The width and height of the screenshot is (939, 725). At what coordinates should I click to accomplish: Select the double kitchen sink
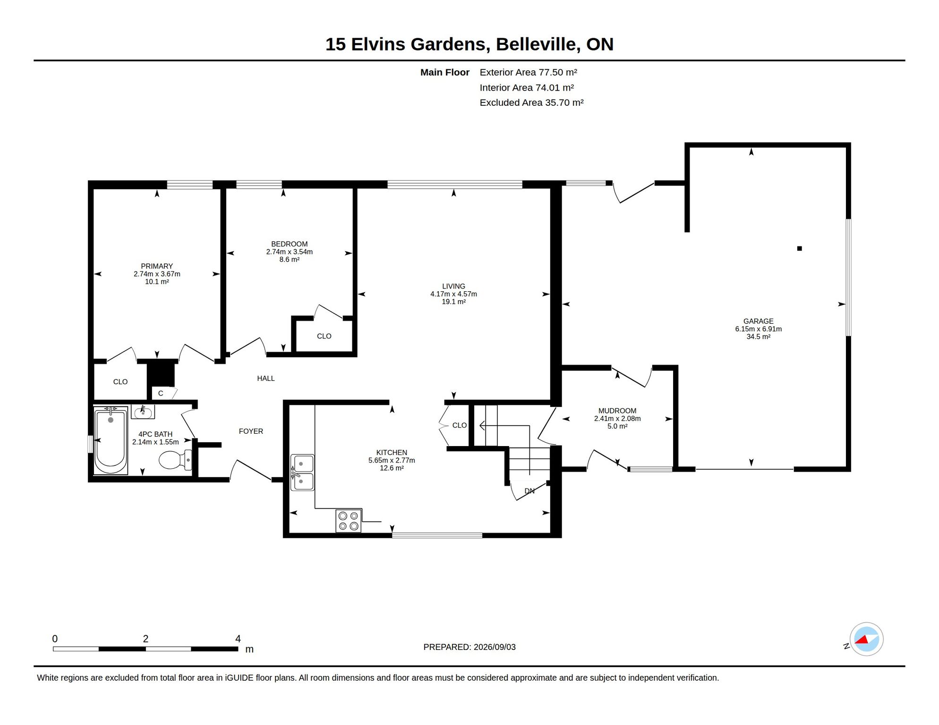coord(302,472)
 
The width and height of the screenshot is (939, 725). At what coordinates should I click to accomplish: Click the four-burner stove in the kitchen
coord(349,521)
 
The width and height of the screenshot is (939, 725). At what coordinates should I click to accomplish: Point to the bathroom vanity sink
coord(143,412)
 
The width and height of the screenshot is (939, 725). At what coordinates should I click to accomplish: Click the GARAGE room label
coord(758,321)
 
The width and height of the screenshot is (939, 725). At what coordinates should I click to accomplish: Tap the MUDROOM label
coord(617,411)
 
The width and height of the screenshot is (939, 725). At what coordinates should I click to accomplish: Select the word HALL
coord(265,378)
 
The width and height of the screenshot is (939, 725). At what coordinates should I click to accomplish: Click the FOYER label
coord(251,431)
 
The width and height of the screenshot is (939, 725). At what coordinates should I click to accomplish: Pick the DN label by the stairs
coord(529,491)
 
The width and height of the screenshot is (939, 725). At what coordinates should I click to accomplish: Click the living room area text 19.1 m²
coord(453,302)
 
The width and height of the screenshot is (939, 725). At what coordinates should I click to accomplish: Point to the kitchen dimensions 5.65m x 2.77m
coord(392,460)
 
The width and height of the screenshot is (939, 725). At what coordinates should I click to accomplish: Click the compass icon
coord(866,639)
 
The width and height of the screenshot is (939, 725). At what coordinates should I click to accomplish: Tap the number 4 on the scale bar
coord(238,639)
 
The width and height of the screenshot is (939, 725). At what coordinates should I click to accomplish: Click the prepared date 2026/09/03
coord(495,647)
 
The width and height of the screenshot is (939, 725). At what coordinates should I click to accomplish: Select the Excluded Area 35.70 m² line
coord(531,102)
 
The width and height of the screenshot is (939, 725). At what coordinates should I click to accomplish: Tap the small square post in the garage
coord(799,248)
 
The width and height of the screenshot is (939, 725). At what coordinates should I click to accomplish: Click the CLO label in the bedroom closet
coord(324,336)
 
